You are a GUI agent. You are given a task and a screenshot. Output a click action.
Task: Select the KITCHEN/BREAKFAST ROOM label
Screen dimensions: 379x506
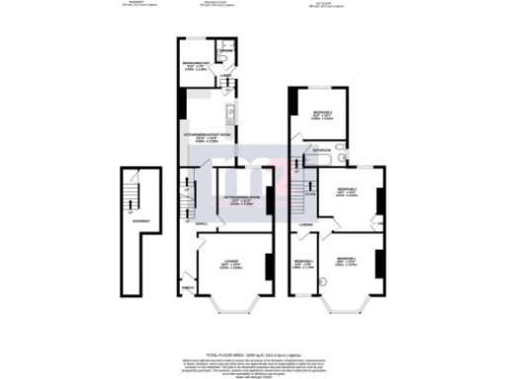pyautogui.click(x=206, y=135)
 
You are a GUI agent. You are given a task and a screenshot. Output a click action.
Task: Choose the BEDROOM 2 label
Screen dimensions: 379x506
pyautogui.click(x=346, y=189)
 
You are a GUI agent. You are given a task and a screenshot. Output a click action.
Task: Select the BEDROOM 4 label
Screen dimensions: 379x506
pyautogui.click(x=303, y=261)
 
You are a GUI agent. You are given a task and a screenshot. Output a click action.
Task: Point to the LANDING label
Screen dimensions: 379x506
pyautogui.click(x=308, y=223)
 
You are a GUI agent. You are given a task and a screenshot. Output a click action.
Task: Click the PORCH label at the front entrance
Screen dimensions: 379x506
pyautogui.click(x=186, y=288)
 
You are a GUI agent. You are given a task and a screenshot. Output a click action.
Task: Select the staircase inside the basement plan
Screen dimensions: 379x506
pyautogui.click(x=127, y=195)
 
